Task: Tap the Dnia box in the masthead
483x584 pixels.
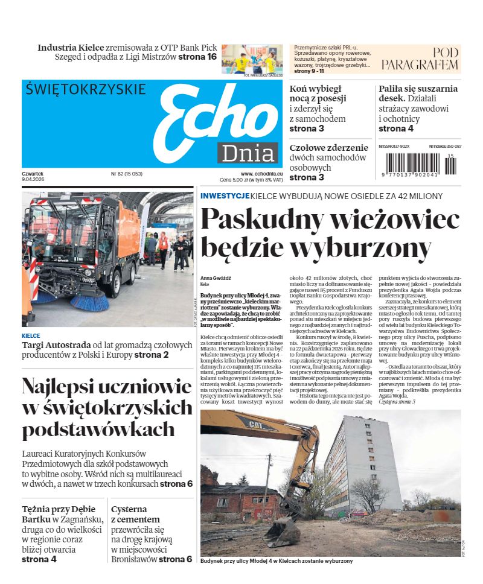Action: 248,153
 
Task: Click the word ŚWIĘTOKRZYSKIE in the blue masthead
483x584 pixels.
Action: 86,89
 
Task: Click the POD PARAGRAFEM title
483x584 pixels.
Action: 420,59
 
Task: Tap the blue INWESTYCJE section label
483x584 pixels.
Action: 225,196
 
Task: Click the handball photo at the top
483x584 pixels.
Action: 252,59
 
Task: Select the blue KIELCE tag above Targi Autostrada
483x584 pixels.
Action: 31,336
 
